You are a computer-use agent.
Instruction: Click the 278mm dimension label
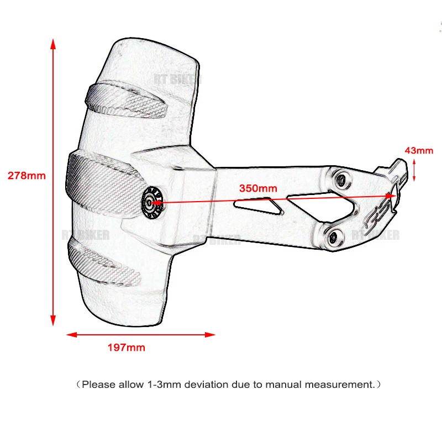point(27,176)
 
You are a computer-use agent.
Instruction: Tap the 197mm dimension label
point(126,348)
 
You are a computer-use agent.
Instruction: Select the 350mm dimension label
point(258,187)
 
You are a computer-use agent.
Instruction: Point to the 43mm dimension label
point(419,150)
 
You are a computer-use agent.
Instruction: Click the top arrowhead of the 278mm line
point(53,44)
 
